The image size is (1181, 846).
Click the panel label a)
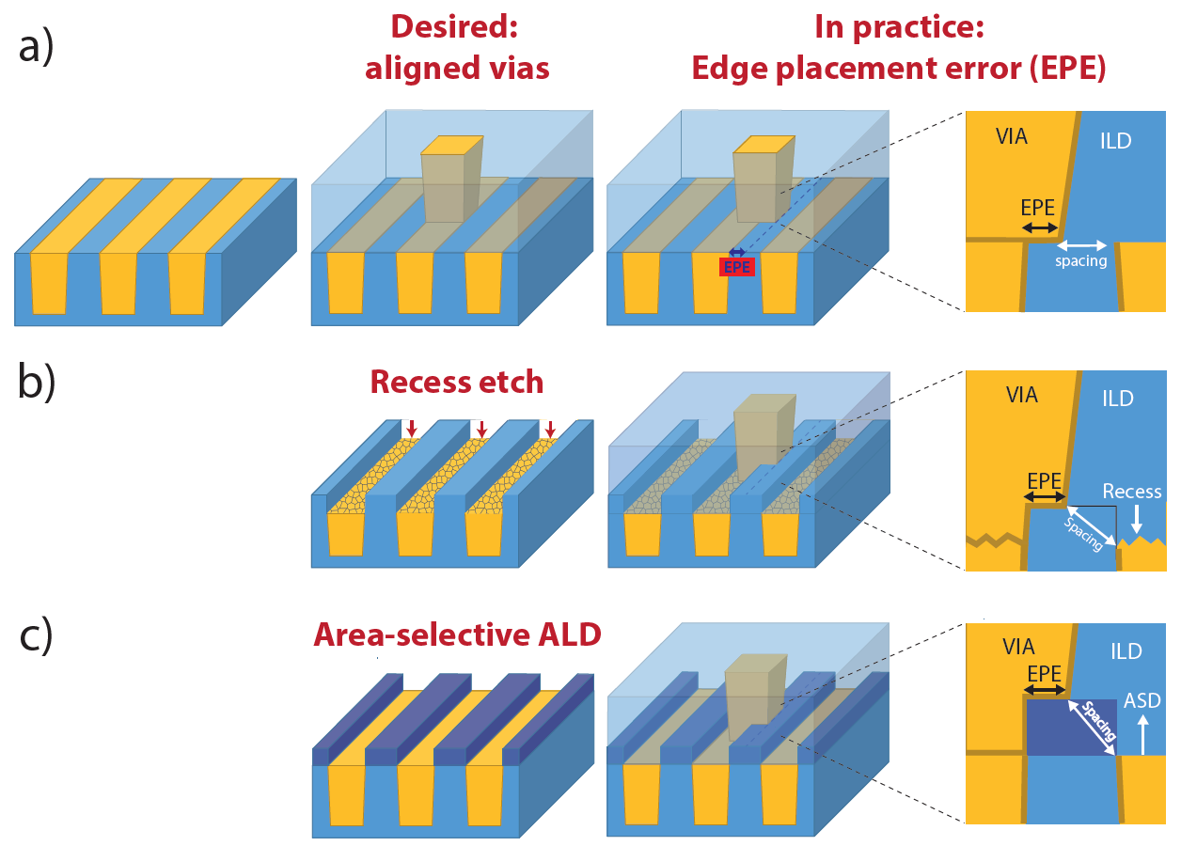coord(37,46)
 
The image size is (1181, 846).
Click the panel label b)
coord(37,381)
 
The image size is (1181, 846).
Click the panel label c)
coord(36,635)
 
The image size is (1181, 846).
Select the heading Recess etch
coord(457,382)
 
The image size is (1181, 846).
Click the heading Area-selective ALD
coord(457,634)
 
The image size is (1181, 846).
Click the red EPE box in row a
coord(737,267)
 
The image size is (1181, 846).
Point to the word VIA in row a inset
coord(1011,136)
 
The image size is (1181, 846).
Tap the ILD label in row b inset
coord(1118,399)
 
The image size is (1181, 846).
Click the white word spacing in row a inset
coord(1080,261)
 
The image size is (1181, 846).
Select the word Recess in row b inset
coord(1132,492)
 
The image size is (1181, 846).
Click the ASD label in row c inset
coord(1142,700)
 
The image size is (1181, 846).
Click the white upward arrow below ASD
coord(1142,734)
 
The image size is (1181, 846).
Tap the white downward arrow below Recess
coord(1137,519)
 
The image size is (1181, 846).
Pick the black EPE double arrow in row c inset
coord(1045,690)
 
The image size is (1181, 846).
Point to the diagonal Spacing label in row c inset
coord(1099,721)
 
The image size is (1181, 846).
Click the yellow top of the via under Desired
coord(452,145)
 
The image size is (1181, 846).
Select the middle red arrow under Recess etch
coord(481,429)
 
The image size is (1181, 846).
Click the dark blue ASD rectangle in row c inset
coord(1071,728)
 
